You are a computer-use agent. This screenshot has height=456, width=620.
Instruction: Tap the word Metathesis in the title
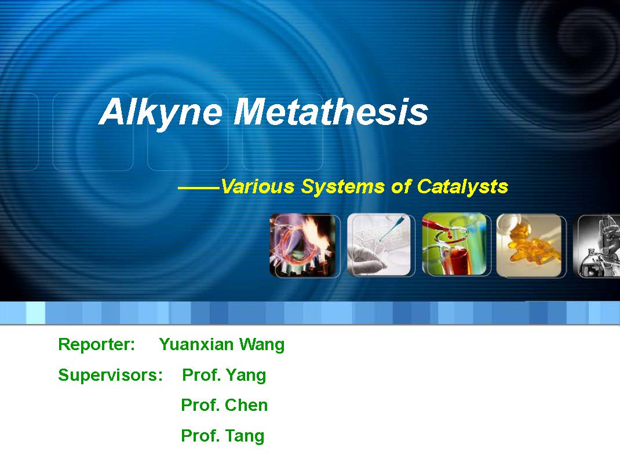(x=330, y=112)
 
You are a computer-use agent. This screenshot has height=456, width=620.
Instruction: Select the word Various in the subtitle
(x=258, y=186)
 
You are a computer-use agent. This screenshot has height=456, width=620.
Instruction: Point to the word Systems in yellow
(x=343, y=187)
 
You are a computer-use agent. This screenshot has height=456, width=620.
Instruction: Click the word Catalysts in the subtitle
(x=462, y=187)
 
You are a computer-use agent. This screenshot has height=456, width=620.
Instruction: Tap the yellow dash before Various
(x=199, y=188)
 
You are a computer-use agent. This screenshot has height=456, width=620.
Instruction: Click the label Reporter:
(x=97, y=344)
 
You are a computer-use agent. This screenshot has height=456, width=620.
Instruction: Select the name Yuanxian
(x=196, y=344)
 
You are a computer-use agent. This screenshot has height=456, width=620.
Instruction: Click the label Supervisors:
(x=110, y=375)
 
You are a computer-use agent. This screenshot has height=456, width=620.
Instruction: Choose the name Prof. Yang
(x=224, y=375)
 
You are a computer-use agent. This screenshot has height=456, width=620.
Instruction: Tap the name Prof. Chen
(x=224, y=405)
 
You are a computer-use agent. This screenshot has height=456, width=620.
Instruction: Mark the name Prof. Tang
(x=223, y=436)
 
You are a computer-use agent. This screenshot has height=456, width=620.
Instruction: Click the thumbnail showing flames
(x=304, y=245)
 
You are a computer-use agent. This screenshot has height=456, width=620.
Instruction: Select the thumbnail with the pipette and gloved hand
(x=380, y=245)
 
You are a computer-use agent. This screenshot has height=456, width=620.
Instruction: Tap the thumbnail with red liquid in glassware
(x=455, y=244)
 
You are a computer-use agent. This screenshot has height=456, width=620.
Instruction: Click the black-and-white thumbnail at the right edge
(x=596, y=245)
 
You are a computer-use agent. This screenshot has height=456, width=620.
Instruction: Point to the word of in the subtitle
(x=401, y=186)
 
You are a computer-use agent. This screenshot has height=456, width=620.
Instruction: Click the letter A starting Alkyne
(x=112, y=112)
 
